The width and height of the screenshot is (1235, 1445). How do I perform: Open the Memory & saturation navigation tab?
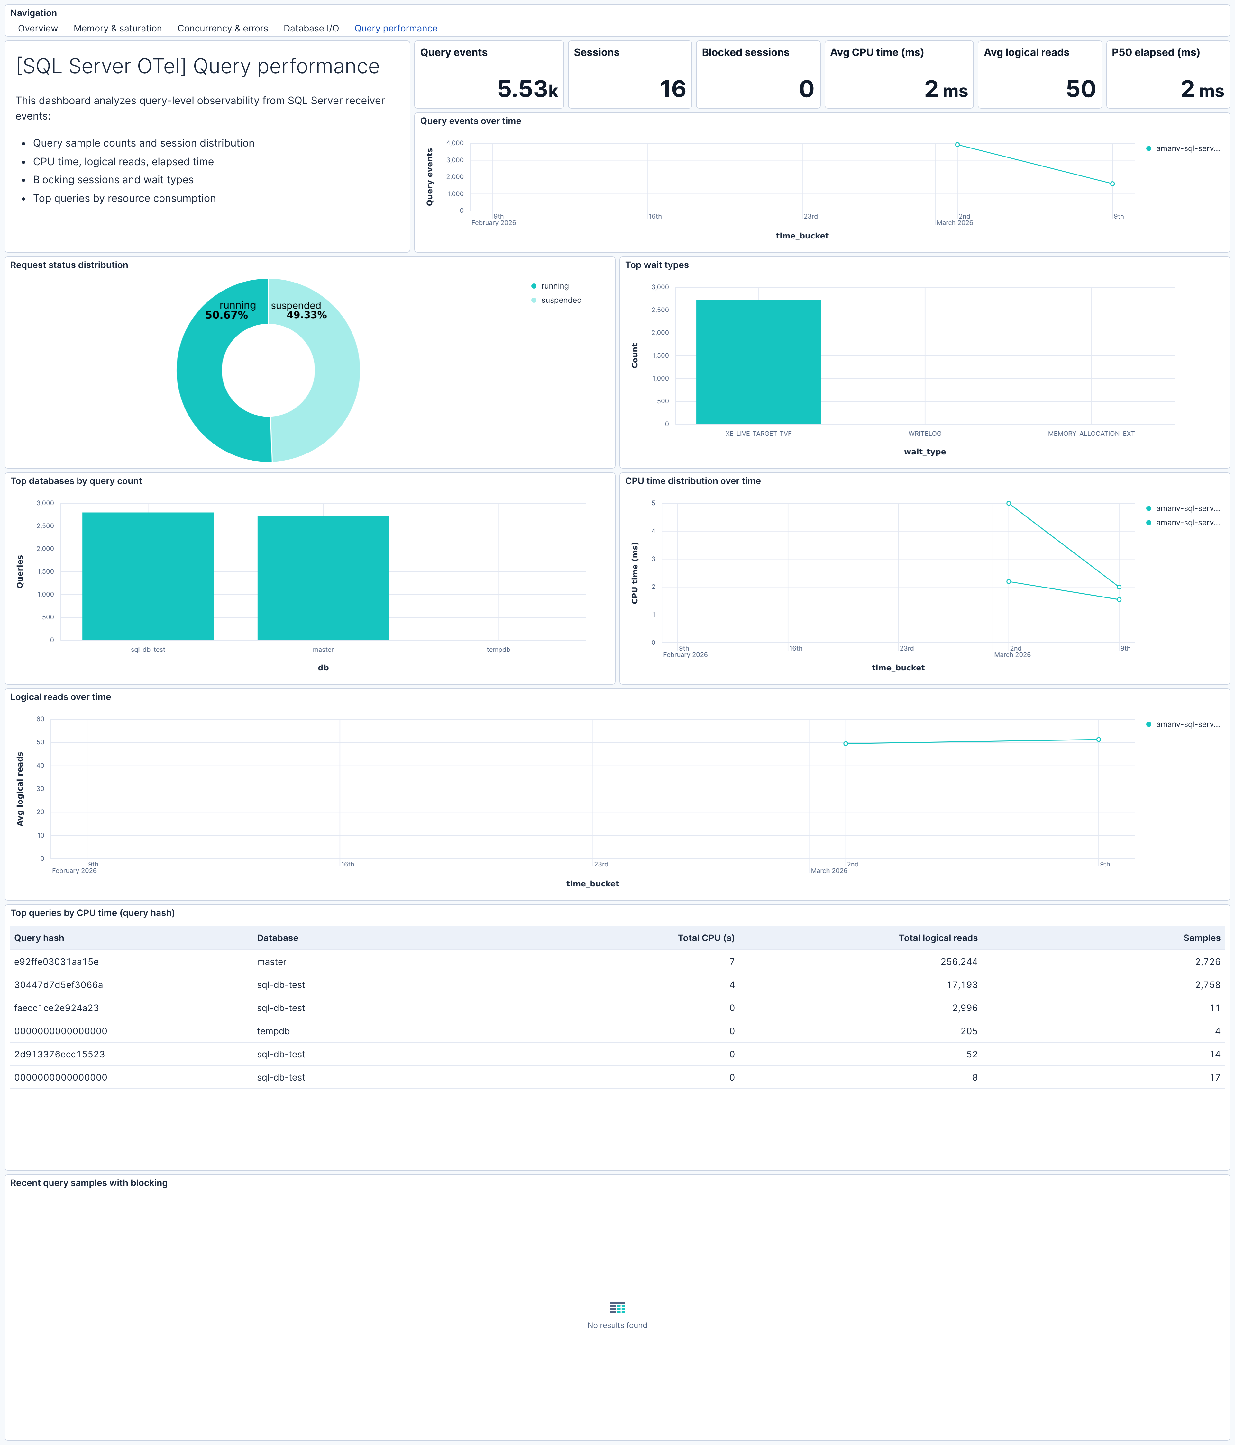pos(117,29)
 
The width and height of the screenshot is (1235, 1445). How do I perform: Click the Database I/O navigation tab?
pos(310,29)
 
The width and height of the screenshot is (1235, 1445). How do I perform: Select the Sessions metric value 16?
pos(672,89)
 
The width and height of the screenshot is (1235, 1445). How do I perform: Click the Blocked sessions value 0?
pos(806,89)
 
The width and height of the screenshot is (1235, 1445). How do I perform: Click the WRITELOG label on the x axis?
pos(925,434)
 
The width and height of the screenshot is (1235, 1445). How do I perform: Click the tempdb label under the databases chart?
pos(498,650)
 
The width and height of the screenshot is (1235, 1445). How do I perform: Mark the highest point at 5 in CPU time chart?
pos(1008,504)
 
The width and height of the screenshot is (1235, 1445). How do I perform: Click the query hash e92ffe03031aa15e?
pos(57,962)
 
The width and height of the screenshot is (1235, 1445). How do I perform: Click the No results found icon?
pos(617,1307)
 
